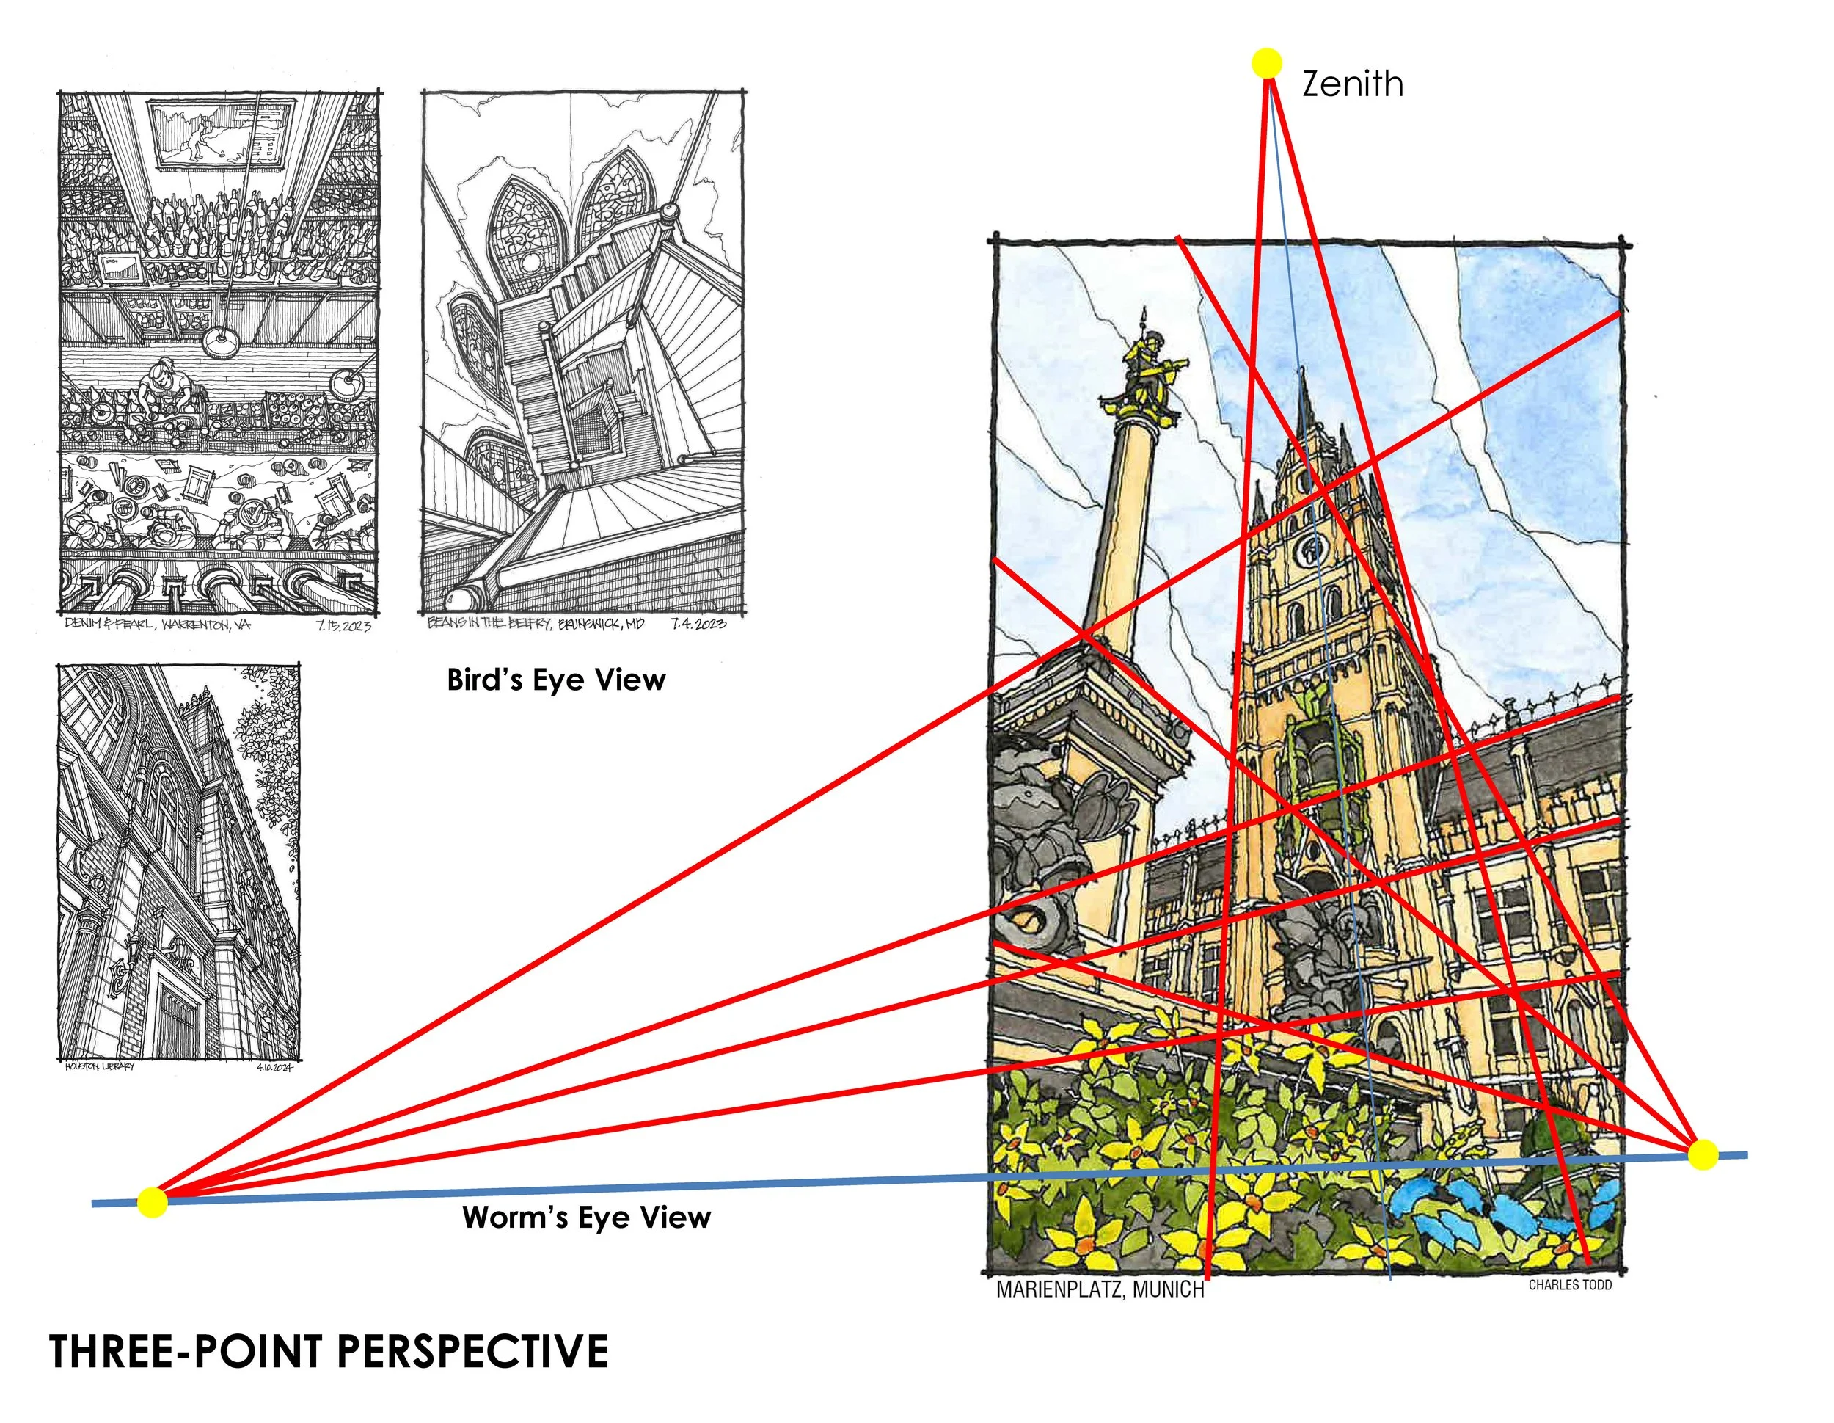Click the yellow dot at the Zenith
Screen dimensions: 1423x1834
1266,63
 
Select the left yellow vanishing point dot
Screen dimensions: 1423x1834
152,1202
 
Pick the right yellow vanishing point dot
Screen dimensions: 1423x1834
1703,1154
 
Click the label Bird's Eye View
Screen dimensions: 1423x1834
556,680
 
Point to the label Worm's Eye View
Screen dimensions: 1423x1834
586,1218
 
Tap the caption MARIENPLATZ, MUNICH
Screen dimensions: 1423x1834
1099,1289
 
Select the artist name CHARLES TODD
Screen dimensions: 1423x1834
1569,1285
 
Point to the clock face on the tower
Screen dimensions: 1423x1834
1311,550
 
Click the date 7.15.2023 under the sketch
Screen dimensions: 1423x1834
343,626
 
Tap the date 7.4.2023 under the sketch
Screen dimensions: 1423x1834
698,624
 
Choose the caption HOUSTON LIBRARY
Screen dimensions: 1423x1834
99,1067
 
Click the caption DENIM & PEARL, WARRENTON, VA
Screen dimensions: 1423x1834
157,625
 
